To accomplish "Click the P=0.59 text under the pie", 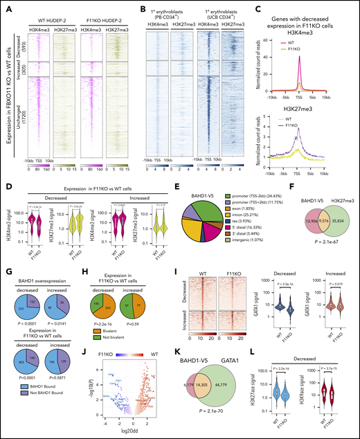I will (x=165, y=332).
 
